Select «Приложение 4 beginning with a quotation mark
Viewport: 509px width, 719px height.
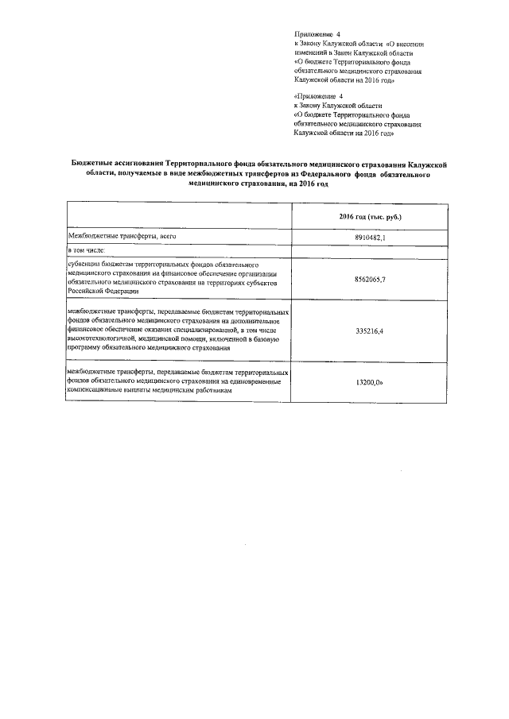317,95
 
